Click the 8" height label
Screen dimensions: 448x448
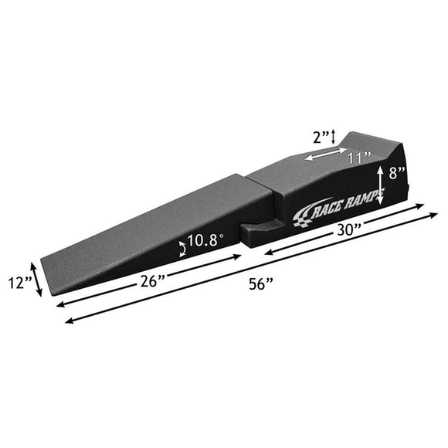coord(397,173)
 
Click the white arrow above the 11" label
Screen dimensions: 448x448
coord(324,155)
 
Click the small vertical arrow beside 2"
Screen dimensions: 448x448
coord(334,137)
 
